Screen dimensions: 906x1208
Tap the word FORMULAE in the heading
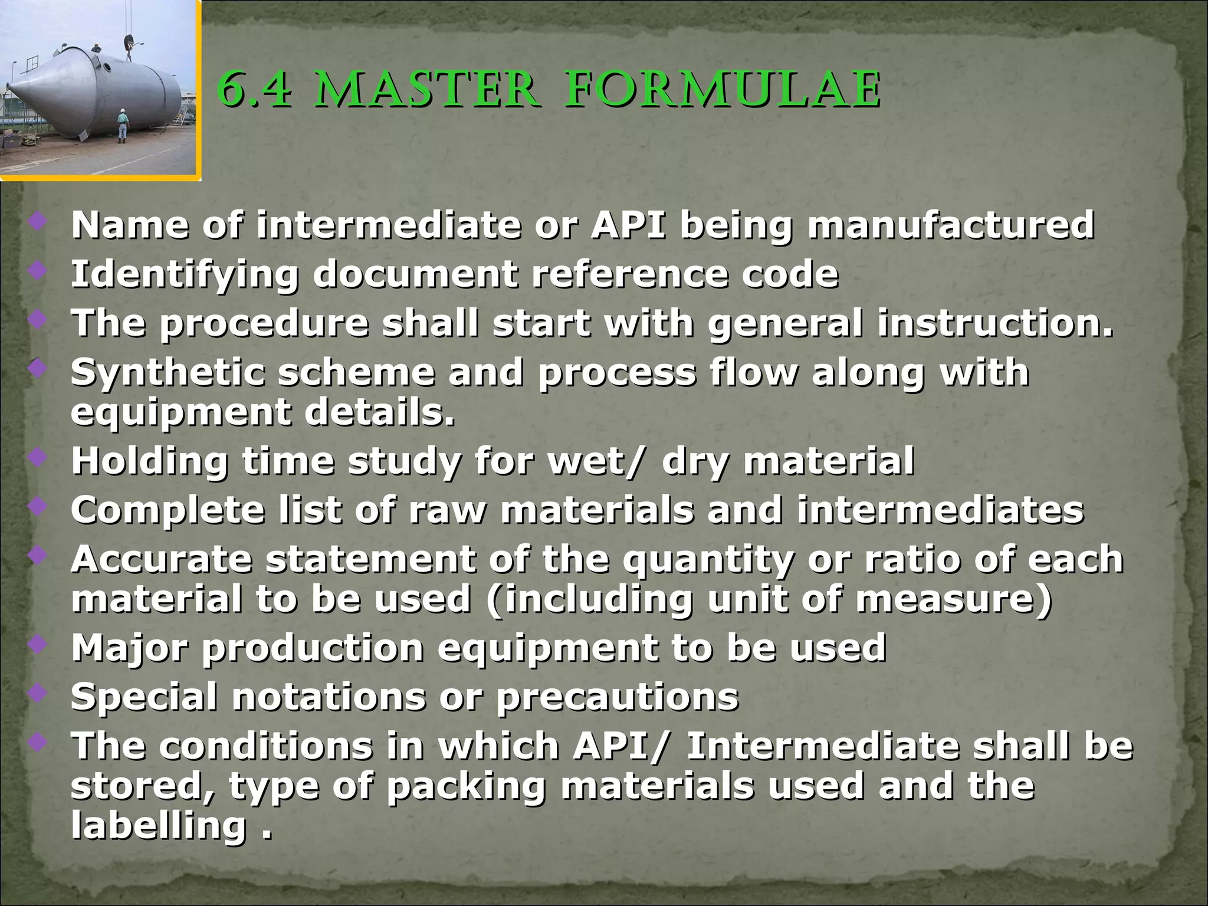tap(723, 91)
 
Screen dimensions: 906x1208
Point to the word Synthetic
tap(167, 373)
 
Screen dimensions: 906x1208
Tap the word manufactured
tap(951, 225)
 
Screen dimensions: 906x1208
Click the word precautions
tap(618, 697)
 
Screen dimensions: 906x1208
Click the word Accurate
tap(161, 559)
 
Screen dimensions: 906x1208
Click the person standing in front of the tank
tap(122, 125)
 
